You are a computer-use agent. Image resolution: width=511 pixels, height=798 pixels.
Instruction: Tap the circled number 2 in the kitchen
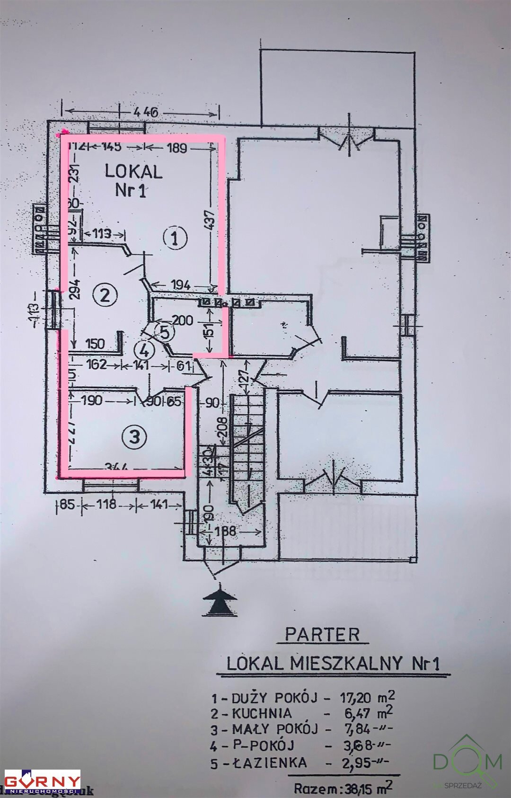pos(105,296)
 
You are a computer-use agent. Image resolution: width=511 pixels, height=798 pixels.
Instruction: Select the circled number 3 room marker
pos(135,436)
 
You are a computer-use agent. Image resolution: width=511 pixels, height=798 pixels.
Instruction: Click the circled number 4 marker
pos(144,351)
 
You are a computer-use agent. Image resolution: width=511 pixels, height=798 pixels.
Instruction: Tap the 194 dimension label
pos(181,285)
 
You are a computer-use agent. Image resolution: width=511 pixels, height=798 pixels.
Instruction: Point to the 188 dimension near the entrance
pos(225,531)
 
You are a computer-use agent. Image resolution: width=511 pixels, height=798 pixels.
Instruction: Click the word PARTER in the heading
pos(323,635)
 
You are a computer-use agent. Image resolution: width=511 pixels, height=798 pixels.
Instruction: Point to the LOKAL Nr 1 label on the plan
pos(133,180)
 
